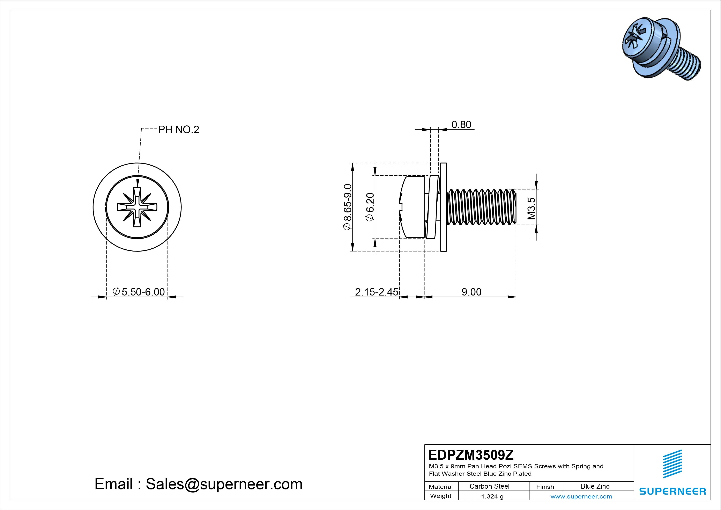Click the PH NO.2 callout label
tap(178, 130)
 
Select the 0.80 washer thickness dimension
tap(461, 125)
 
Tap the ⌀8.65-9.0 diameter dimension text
tap(347, 207)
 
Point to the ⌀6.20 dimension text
tap(370, 207)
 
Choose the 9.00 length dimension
tap(471, 292)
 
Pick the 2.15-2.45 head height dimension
tap(376, 292)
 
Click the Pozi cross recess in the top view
tap(137, 207)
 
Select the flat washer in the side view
tap(443, 207)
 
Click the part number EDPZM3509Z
tap(471, 455)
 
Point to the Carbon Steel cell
tap(489, 486)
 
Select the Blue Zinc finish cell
tap(595, 486)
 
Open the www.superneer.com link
tap(581, 496)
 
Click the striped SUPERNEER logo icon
tap(672, 464)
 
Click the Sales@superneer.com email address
tap(224, 484)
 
